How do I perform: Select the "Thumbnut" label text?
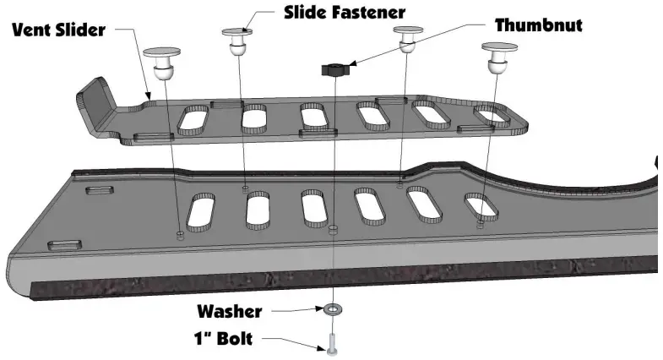(x=538, y=25)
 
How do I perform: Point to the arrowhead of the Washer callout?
(x=320, y=309)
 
